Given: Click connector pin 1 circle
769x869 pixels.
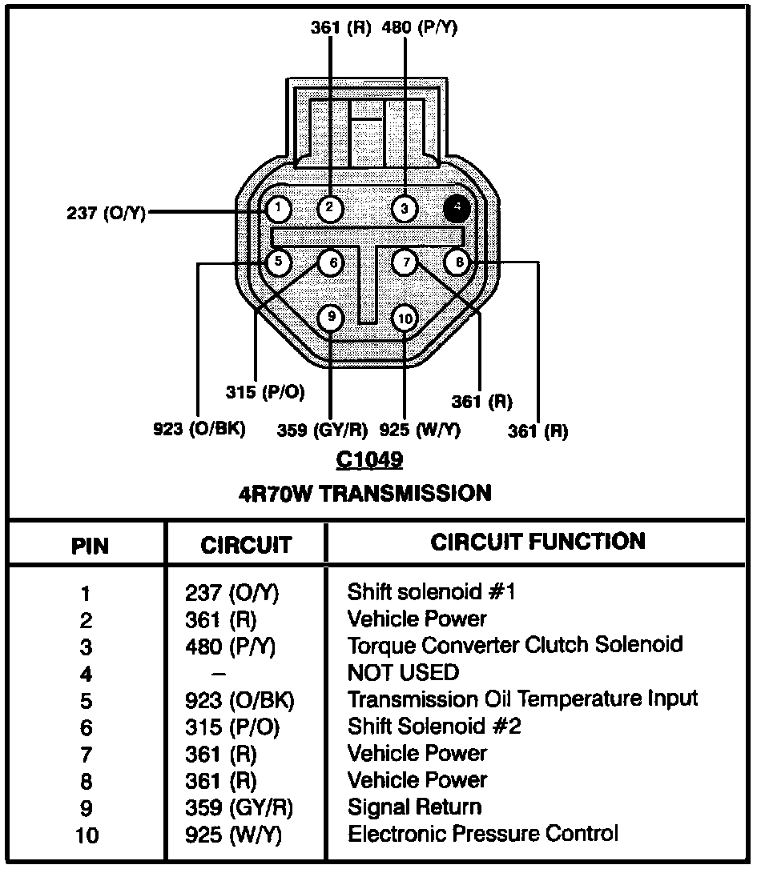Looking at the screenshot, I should [278, 210].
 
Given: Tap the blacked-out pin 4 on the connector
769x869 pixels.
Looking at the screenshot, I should [457, 208].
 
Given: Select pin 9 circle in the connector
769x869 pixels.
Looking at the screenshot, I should [331, 318].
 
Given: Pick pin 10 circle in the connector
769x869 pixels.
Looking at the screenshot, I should [405, 319].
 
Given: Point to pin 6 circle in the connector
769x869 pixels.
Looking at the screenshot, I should [331, 262].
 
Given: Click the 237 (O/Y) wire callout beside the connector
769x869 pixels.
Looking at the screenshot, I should [106, 214].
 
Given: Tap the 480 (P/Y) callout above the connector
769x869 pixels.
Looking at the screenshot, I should [421, 28].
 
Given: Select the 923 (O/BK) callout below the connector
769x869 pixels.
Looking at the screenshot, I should [199, 429].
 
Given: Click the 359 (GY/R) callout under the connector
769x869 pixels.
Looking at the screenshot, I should [322, 430].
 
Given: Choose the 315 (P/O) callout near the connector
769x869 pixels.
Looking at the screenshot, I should [266, 392].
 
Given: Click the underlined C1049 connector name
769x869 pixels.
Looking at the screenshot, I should [369, 460].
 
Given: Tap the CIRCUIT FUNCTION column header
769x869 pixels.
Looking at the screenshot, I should [537, 542].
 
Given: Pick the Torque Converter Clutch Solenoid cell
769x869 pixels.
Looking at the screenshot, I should [514, 645].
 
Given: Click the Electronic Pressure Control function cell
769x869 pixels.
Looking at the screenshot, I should [482, 834].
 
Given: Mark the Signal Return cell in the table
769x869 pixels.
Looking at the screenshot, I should [414, 807].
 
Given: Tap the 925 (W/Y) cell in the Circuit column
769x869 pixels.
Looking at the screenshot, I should [232, 835].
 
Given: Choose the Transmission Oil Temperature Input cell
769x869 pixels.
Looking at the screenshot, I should [522, 699].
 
